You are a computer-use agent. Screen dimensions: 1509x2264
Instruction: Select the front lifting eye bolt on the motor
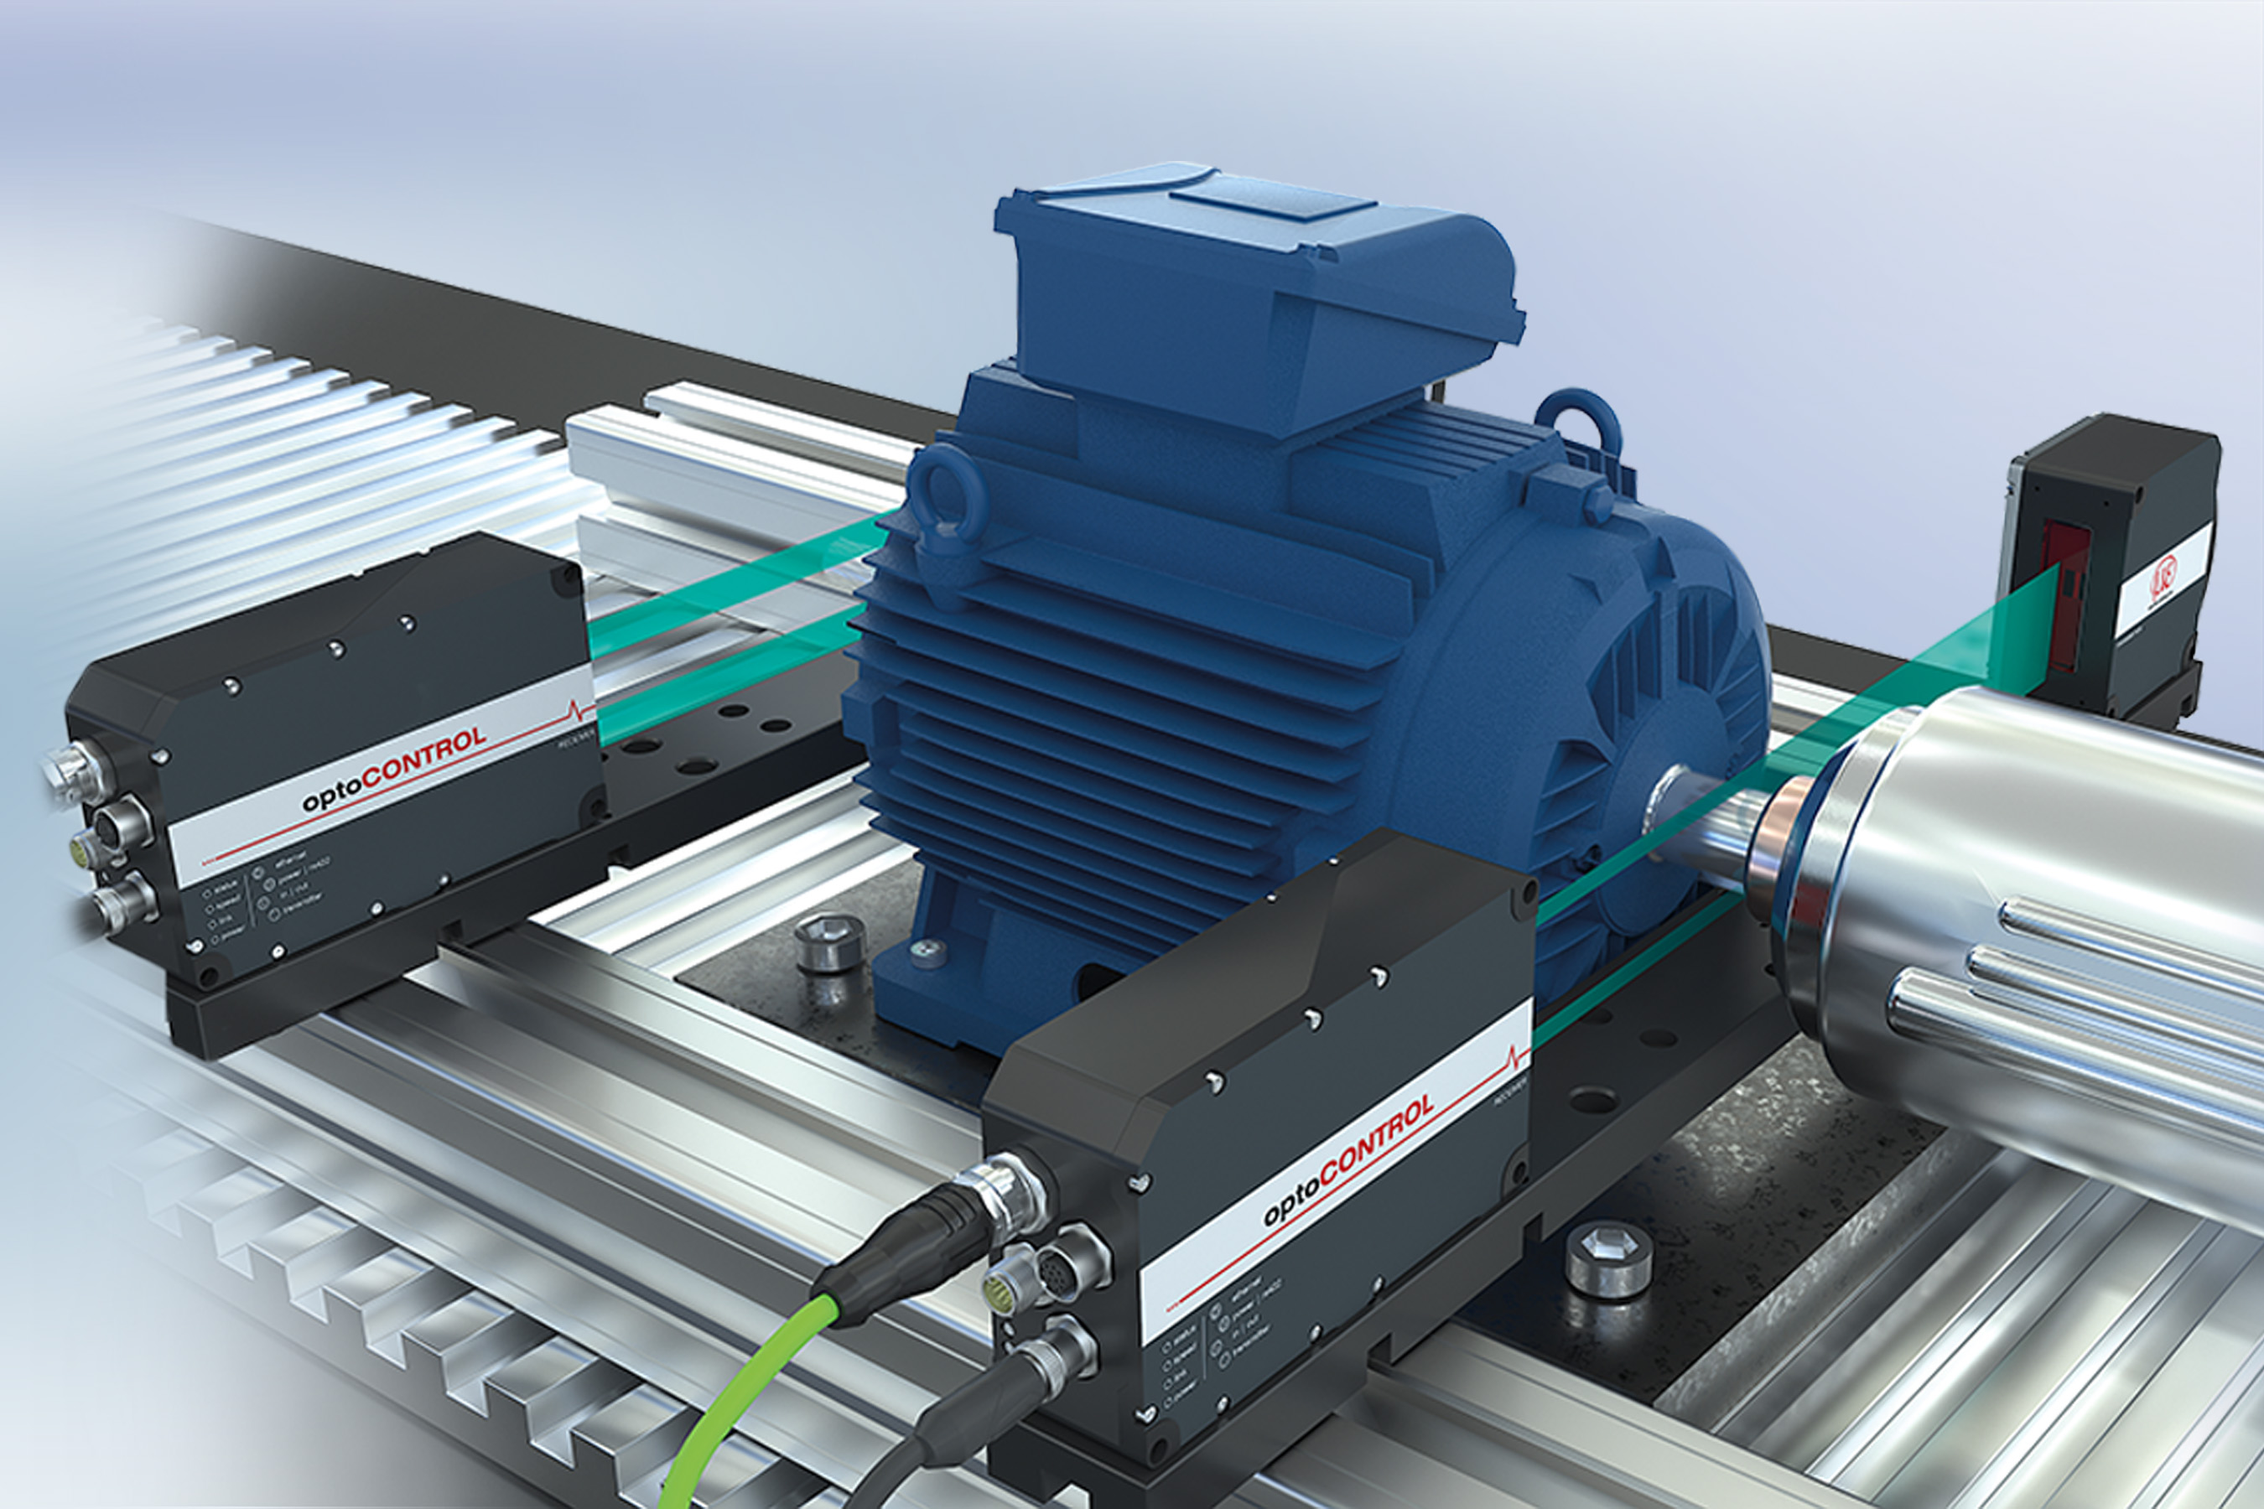point(948,495)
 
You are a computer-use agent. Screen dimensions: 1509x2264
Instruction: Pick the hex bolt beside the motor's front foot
point(831,941)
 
